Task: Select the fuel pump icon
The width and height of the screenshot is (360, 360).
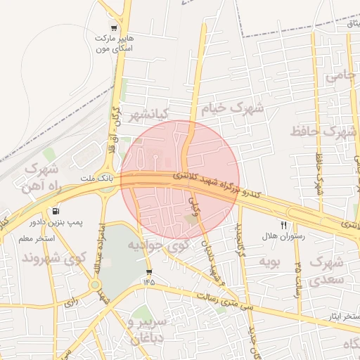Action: tap(56, 211)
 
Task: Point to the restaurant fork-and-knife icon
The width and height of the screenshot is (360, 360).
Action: tap(283, 226)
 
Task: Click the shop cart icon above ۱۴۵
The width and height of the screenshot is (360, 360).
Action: tap(148, 271)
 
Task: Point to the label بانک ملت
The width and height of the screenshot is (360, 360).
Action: tap(91, 179)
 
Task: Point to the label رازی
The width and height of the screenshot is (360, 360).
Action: tap(69, 303)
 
